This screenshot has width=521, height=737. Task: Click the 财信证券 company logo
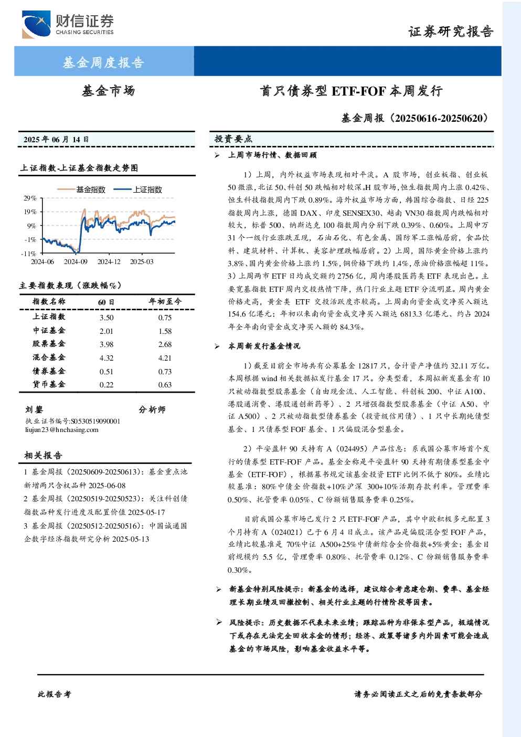(68, 24)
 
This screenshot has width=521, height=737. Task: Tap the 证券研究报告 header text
(451, 31)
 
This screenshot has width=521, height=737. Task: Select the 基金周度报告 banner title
(103, 62)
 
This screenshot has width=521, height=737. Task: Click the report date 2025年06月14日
(56, 140)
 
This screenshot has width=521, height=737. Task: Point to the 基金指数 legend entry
(81, 189)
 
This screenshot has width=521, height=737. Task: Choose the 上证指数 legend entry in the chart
(138, 189)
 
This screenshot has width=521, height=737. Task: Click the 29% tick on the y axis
(30, 198)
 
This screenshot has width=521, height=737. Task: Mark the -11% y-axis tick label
(29, 254)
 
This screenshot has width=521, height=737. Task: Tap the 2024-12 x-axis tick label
(109, 261)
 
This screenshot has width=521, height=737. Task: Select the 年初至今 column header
(165, 301)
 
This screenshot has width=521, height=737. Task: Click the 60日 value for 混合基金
(107, 358)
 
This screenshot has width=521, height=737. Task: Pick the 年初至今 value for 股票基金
(165, 344)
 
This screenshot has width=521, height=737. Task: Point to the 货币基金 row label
(49, 384)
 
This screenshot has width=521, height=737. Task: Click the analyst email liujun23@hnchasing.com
(62, 430)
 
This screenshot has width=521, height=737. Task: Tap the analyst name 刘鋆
(34, 409)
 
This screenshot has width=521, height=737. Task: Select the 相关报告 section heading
(43, 455)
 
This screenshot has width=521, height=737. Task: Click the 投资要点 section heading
(233, 139)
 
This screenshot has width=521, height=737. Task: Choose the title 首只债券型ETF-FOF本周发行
(352, 91)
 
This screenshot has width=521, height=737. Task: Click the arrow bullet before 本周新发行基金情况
(217, 346)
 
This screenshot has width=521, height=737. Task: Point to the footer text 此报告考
(54, 694)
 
